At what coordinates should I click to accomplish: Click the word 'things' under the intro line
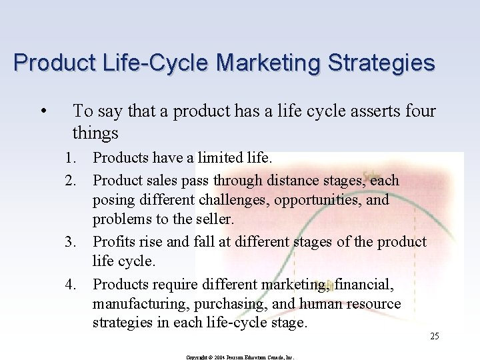point(95,133)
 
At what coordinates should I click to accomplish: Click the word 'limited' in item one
point(217,159)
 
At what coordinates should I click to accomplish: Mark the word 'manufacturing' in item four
point(137,304)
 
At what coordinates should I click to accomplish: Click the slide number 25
point(434,336)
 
